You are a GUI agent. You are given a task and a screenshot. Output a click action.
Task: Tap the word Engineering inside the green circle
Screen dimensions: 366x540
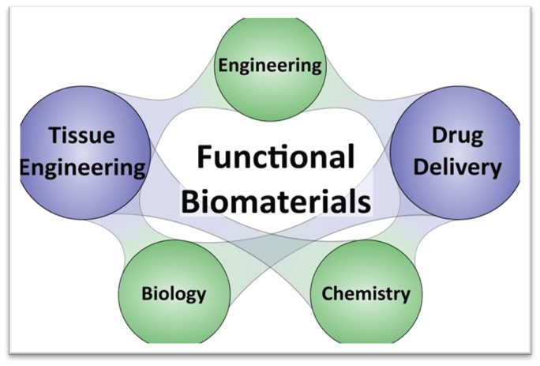click(x=271, y=64)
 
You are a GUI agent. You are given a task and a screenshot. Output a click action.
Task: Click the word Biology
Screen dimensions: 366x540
click(x=174, y=294)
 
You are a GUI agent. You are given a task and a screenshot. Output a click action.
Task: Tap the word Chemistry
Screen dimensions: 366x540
click(x=366, y=295)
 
